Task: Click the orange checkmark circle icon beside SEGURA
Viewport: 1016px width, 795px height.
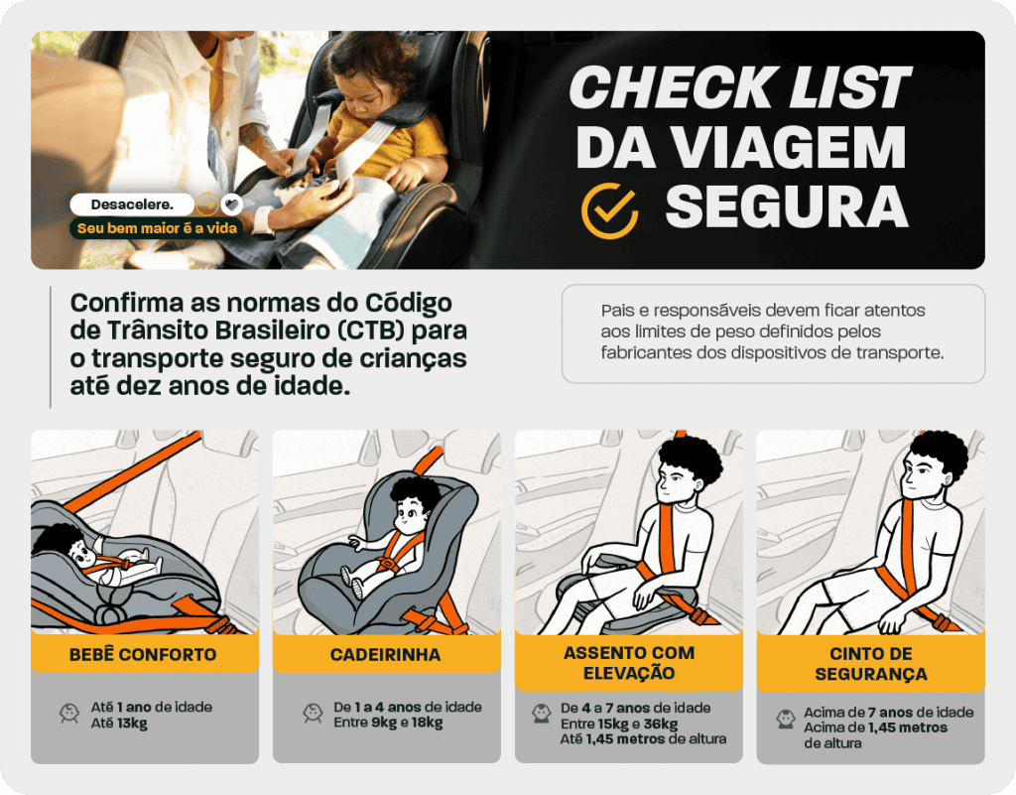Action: (x=609, y=208)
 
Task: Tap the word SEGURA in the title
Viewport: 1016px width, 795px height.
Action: (x=786, y=206)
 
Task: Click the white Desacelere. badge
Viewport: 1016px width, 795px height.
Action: (x=131, y=204)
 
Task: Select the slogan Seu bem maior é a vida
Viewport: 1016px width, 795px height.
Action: (x=159, y=228)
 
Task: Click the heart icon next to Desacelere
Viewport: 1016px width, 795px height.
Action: (x=231, y=204)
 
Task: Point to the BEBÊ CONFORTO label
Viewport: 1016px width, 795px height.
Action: (x=143, y=655)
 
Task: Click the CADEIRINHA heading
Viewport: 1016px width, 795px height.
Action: (x=385, y=655)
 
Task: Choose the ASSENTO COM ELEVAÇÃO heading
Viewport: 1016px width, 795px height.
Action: (x=628, y=663)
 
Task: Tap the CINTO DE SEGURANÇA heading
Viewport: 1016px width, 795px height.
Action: (x=870, y=665)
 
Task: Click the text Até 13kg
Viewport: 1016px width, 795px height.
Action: (x=119, y=723)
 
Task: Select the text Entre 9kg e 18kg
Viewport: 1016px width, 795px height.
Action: (x=388, y=723)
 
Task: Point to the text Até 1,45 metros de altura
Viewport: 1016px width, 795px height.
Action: (x=643, y=738)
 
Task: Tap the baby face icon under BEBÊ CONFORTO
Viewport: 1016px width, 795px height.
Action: (x=69, y=714)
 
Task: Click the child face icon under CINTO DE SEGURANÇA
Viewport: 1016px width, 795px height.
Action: (x=786, y=719)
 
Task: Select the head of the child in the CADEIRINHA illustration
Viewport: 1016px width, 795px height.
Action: (x=412, y=505)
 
